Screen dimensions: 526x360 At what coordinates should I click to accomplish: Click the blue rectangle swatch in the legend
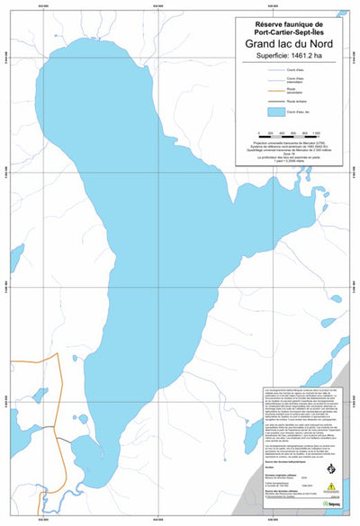(265, 112)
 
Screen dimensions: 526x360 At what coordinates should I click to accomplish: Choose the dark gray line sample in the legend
(265, 102)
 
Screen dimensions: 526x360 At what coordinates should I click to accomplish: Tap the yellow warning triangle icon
(332, 486)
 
